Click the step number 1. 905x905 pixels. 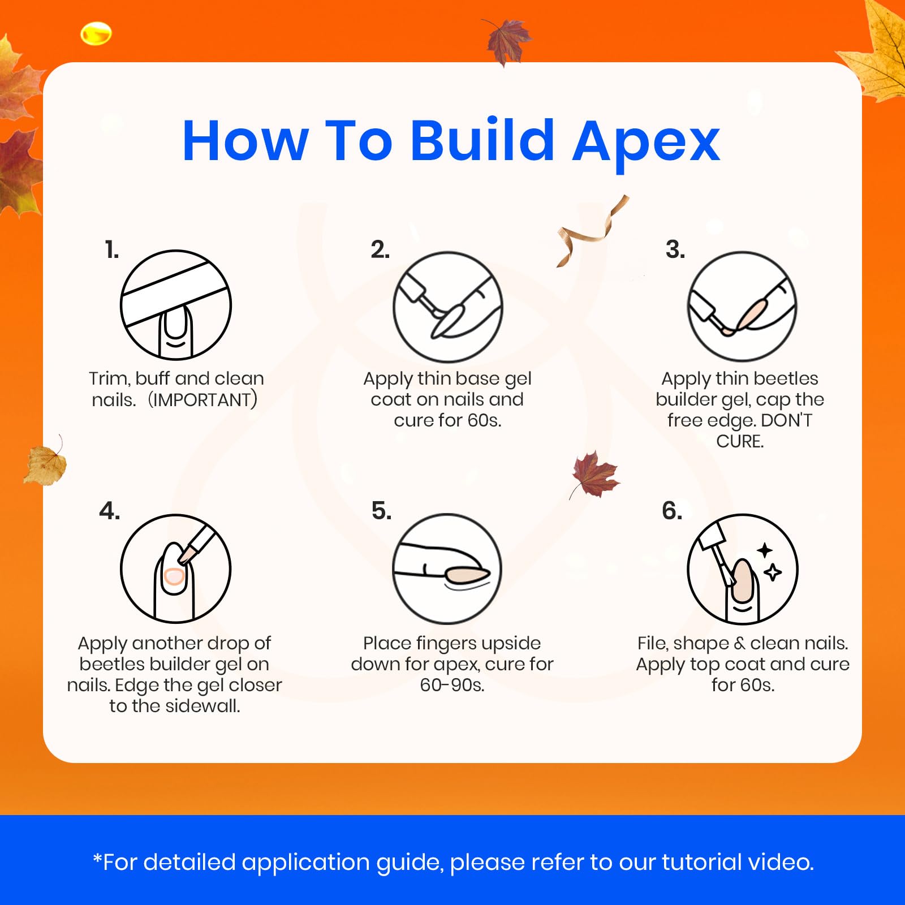(x=112, y=249)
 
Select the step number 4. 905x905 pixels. (x=109, y=511)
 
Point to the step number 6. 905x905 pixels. (x=672, y=511)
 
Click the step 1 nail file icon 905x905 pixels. (x=176, y=305)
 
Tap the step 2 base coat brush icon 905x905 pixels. (x=448, y=307)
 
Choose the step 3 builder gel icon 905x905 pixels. (x=742, y=307)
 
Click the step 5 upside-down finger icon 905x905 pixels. (x=447, y=569)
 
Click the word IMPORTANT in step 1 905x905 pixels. (x=202, y=400)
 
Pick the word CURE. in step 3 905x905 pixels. (x=740, y=441)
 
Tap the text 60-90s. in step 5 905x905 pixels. (x=452, y=685)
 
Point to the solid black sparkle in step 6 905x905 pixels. (x=765, y=550)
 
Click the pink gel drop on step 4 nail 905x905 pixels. (x=174, y=576)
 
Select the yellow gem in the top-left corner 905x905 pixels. (x=96, y=34)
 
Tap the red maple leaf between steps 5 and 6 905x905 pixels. (x=594, y=475)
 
